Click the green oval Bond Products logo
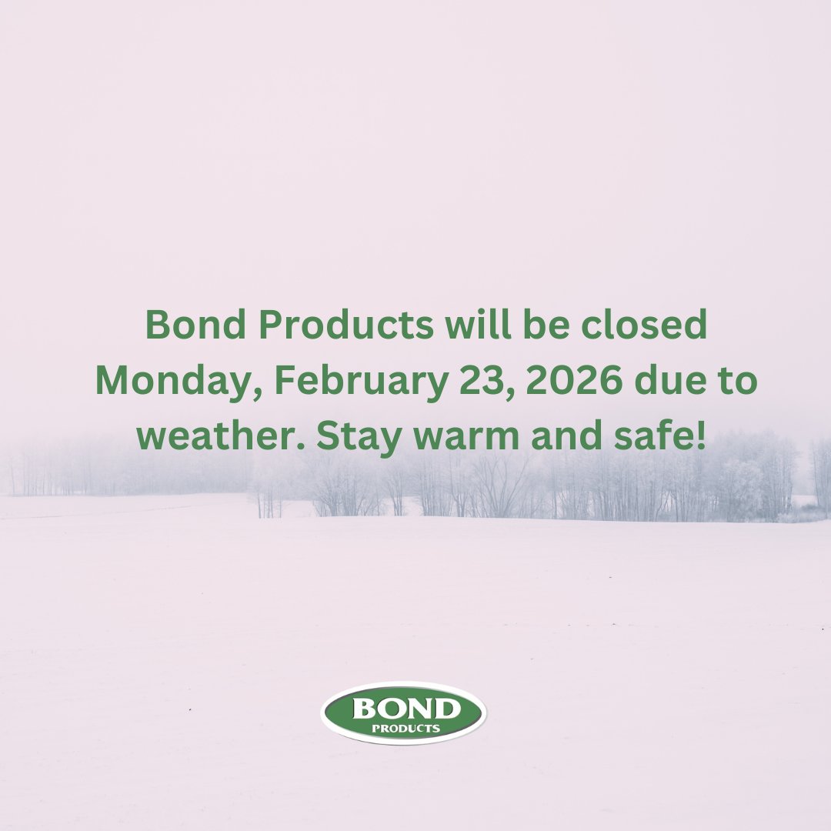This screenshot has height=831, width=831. pos(403,713)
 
